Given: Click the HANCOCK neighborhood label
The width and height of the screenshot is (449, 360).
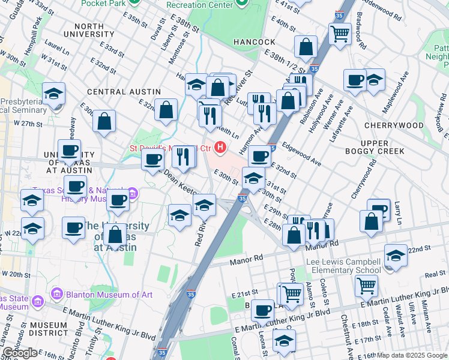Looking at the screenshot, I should click(x=259, y=42).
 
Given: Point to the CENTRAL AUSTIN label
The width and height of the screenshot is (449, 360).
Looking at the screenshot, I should click(x=124, y=92).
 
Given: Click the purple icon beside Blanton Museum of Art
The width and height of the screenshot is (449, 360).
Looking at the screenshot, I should click(x=57, y=294).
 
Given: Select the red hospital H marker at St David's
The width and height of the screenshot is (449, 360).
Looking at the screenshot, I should click(x=221, y=146).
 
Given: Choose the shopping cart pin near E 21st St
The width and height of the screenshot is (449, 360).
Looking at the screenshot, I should click(x=292, y=293).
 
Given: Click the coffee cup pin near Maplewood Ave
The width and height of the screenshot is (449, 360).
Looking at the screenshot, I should click(x=355, y=79).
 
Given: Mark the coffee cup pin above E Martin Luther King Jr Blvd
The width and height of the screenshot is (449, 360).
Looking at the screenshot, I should click(x=262, y=310).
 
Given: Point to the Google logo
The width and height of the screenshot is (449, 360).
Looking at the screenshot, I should click(x=20, y=353).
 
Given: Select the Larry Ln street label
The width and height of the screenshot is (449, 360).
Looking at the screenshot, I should click(x=397, y=212).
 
